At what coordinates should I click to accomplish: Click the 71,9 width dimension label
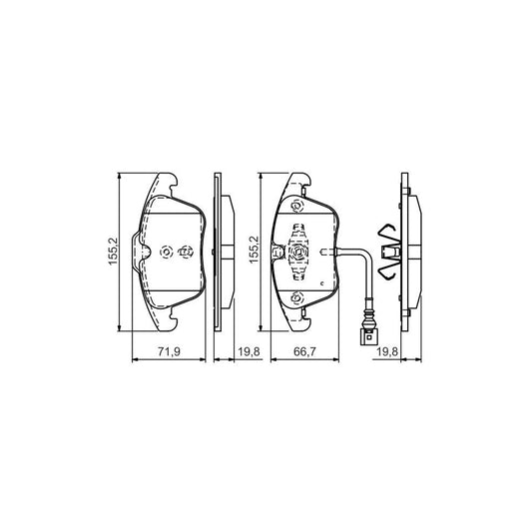pos(169,351)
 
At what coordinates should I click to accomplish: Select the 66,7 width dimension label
pos(304,351)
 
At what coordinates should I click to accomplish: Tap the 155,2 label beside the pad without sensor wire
pos(113,252)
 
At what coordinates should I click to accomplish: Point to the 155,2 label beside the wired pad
pos(254,250)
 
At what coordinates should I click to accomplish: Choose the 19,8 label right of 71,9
pos(249,351)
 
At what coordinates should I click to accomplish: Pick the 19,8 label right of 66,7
pos(387,351)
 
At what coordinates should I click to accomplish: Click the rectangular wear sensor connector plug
pos(368,337)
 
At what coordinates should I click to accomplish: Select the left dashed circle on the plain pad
pos(167,253)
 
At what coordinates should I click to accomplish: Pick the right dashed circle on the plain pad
pos(186,253)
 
